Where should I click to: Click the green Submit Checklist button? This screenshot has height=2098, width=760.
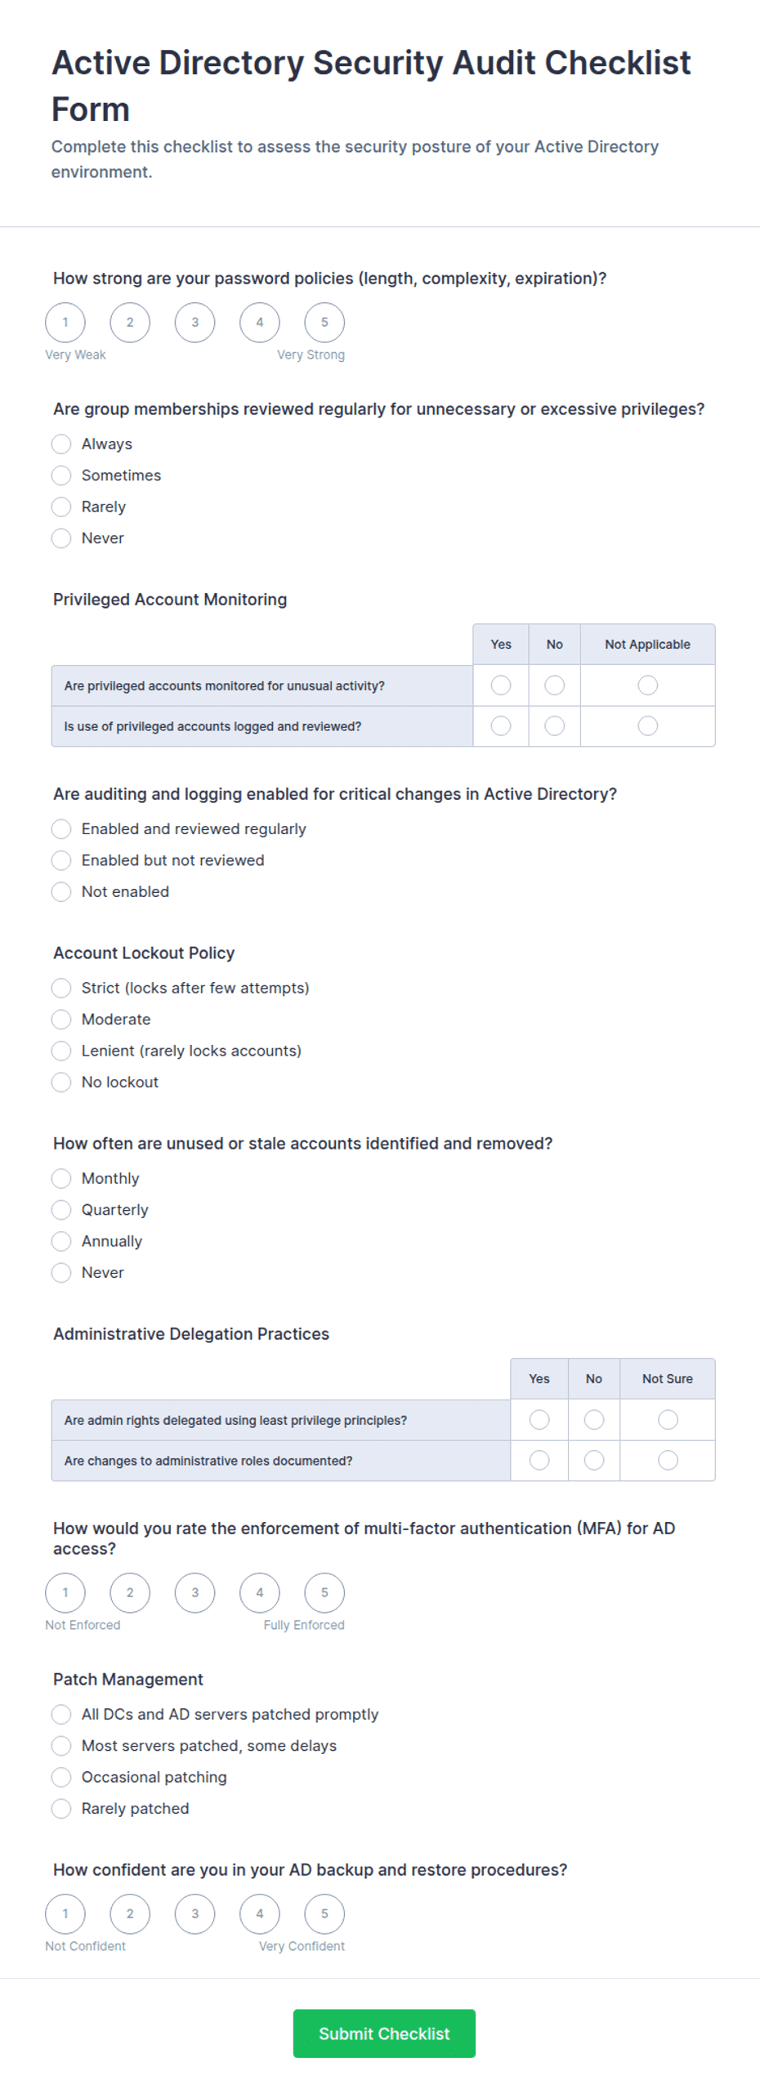point(384,2033)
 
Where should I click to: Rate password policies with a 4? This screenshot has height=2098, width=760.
point(259,322)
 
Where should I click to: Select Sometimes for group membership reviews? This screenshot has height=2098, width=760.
point(61,475)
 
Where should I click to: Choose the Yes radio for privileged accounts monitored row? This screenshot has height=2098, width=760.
point(501,685)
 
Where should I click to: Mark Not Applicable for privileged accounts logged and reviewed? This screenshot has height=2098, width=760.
point(647,725)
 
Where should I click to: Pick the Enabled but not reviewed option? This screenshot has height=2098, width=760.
point(61,860)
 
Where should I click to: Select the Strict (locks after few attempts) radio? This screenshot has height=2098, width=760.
point(61,988)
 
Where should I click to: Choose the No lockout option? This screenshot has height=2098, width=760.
point(61,1082)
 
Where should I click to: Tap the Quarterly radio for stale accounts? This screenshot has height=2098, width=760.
point(61,1209)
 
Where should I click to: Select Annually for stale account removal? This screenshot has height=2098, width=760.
point(61,1241)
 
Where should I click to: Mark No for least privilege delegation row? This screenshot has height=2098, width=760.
point(594,1420)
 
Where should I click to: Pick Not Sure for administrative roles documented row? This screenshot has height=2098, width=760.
point(668,1460)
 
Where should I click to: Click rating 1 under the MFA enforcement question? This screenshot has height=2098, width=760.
point(65,1592)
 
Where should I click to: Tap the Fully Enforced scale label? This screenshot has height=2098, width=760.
point(303,1625)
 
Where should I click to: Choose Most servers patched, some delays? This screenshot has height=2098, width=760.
point(61,1746)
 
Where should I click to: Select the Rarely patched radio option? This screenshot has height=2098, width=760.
point(61,1809)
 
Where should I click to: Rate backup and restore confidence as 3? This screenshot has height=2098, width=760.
point(194,1913)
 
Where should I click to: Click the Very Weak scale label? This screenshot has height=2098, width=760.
point(75,355)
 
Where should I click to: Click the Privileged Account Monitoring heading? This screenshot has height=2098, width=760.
point(170,600)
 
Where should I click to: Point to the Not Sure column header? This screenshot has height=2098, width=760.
point(667,1379)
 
